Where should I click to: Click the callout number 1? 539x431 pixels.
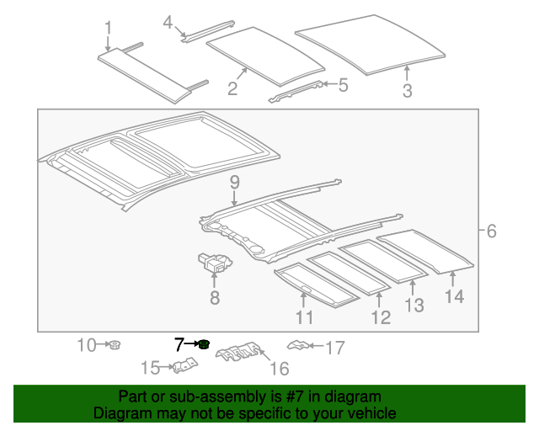(109, 28)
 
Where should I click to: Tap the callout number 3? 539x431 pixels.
(408, 91)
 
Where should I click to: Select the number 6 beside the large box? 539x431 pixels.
(492, 231)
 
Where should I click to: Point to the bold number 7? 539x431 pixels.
(179, 345)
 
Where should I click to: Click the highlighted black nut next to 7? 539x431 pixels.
(205, 344)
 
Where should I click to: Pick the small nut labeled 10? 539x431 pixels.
(115, 344)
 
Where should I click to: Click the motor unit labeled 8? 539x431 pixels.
(215, 263)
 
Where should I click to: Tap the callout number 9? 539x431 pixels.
(234, 183)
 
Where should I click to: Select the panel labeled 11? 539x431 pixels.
(317, 285)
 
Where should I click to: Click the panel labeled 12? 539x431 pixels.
(349, 274)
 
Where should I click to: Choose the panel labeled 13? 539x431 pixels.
(383, 262)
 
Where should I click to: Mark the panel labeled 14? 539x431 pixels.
(425, 252)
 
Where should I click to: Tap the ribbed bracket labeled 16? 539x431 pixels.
(238, 352)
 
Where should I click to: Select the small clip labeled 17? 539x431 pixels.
(298, 345)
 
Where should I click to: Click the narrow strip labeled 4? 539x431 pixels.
(208, 32)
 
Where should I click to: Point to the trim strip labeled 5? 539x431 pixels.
(296, 92)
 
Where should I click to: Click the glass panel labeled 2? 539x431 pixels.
(266, 56)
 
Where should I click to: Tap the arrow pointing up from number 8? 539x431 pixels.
(215, 279)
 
